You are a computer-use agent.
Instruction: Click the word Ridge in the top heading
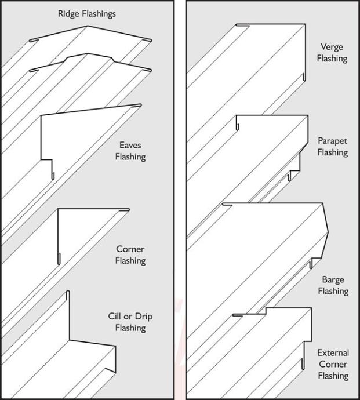(69, 14)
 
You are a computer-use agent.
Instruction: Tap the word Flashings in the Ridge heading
(99, 14)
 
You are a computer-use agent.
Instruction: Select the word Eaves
(130, 146)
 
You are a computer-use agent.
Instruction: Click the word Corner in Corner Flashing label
(130, 249)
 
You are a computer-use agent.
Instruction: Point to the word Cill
(115, 317)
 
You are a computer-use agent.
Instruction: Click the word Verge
(333, 47)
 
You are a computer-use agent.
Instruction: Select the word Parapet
(333, 141)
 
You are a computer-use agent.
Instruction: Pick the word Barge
(333, 279)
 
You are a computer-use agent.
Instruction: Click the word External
(333, 352)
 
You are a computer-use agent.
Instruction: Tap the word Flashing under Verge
(333, 59)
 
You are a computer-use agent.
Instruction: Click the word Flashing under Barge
(333, 291)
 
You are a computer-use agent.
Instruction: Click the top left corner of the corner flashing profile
(58, 209)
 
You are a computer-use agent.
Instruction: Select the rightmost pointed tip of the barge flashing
(328, 234)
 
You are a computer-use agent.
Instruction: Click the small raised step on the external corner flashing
(266, 311)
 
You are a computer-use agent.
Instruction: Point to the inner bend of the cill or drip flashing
(70, 340)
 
